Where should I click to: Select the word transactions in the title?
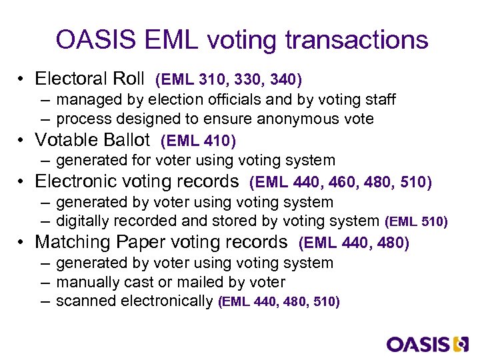click(356, 41)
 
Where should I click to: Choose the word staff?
click(380, 100)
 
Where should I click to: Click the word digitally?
click(83, 221)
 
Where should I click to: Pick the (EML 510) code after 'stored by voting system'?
click(416, 221)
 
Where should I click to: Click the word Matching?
click(69, 243)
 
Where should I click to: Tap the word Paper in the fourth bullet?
click(130, 243)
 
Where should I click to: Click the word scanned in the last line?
click(82, 301)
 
